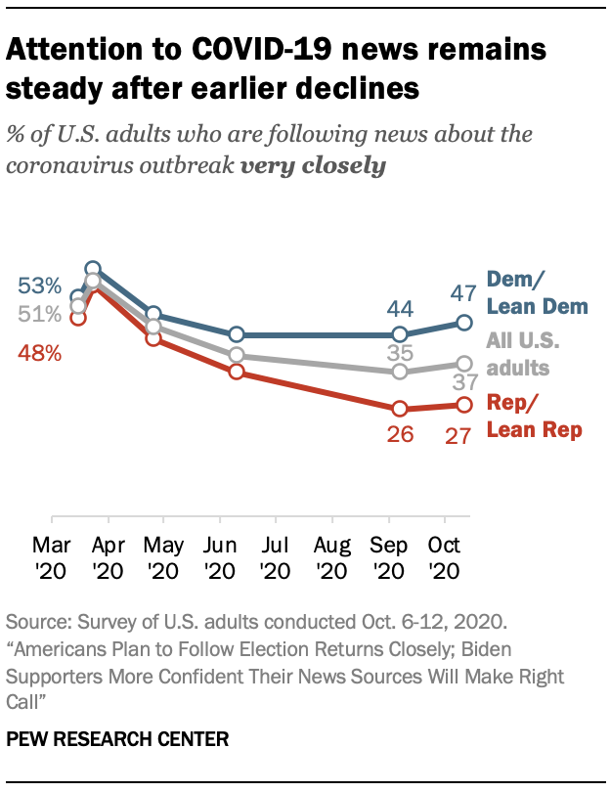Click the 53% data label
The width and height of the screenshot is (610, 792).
tap(38, 286)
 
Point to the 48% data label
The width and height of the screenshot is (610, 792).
tap(38, 354)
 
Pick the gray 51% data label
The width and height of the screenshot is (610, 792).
tap(38, 314)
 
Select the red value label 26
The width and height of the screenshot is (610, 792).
tap(400, 435)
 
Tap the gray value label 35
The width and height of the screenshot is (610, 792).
tap(400, 353)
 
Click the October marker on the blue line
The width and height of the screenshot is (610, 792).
tap(464, 322)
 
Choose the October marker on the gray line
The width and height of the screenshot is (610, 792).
tap(464, 364)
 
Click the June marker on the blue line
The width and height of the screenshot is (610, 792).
tap(236, 334)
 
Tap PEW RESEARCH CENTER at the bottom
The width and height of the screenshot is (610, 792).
tap(117, 739)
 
